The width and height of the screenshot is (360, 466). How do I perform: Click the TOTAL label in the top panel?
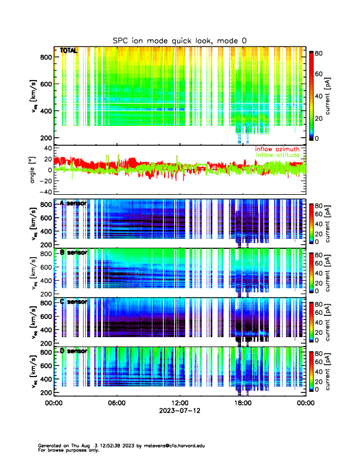(69, 51)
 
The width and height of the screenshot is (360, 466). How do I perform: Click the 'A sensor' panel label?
(74, 203)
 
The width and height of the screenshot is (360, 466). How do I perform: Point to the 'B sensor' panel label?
(74, 252)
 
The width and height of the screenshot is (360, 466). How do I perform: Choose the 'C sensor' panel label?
(74, 302)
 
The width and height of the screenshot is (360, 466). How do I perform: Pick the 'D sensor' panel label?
(74, 351)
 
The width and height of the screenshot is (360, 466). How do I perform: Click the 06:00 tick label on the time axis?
(116, 403)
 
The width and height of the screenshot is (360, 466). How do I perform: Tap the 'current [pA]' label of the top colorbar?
(336, 95)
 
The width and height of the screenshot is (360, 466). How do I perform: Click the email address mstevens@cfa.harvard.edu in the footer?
(164, 445)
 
